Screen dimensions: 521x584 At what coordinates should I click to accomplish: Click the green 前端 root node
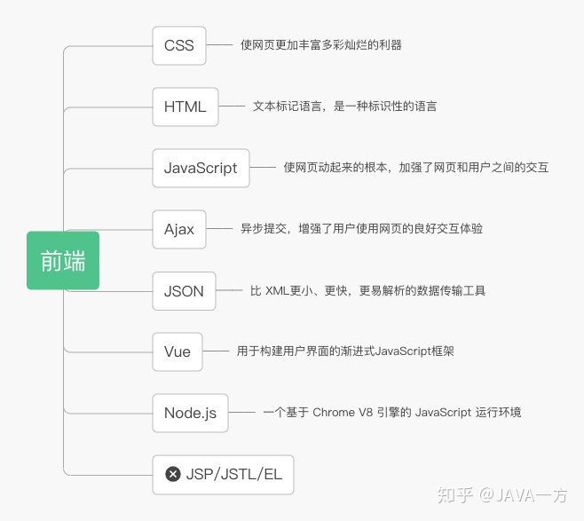[x=63, y=261]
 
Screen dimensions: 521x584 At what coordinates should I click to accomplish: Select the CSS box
[x=179, y=45]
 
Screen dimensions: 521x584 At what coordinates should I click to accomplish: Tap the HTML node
[x=185, y=107]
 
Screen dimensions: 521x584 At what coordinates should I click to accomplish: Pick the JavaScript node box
[x=201, y=168]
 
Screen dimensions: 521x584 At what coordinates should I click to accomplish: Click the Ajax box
[x=179, y=229]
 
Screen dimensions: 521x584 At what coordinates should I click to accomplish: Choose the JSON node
[x=184, y=291]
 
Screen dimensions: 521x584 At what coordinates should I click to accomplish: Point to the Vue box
[x=178, y=351]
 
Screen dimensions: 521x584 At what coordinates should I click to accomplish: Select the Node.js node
[x=190, y=413]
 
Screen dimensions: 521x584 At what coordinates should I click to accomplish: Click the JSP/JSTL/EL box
[x=223, y=475]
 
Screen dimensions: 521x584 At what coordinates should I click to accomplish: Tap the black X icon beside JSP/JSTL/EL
[x=173, y=475]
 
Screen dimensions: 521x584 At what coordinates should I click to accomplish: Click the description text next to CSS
[x=320, y=44]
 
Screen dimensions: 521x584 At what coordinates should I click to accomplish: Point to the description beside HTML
[x=344, y=107]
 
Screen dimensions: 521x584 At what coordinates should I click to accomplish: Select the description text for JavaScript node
[x=415, y=167]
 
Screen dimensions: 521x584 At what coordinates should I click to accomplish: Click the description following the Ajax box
[x=361, y=229]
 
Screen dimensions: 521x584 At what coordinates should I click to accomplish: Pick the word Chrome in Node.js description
[x=334, y=413]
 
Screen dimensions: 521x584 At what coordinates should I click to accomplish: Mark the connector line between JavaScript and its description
[x=263, y=167]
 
